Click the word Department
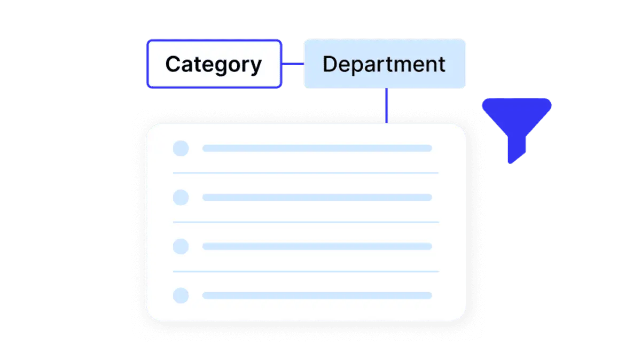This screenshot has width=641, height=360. (x=384, y=65)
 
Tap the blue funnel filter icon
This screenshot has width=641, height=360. (x=517, y=130)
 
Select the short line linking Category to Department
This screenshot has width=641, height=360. (x=293, y=64)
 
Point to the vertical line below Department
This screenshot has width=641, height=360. (x=386, y=106)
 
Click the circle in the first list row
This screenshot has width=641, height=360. (x=181, y=148)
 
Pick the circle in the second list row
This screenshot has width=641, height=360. (x=181, y=198)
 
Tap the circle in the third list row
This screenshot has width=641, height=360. (x=181, y=246)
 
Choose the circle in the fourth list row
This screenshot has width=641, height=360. (x=181, y=295)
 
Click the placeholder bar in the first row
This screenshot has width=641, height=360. (x=317, y=148)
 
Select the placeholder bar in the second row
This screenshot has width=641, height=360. (x=317, y=197)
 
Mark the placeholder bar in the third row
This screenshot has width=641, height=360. (x=317, y=246)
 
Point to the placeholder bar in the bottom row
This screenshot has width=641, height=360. (x=317, y=295)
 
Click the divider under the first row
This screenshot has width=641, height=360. (x=306, y=173)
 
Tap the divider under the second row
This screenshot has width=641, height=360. (x=306, y=222)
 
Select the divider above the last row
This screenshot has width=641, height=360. (x=306, y=271)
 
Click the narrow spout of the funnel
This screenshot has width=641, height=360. (x=517, y=150)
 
